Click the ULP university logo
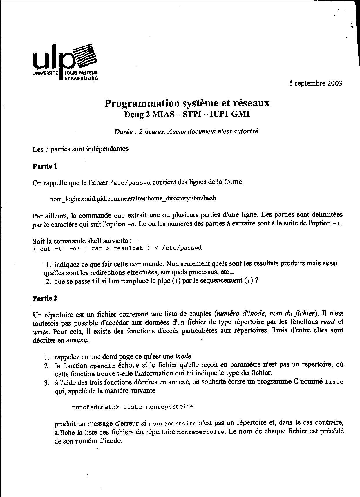66,62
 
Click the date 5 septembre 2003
315,84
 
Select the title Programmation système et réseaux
187,103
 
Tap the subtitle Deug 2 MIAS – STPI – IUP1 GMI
187,114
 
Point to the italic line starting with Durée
187,131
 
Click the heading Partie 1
45,166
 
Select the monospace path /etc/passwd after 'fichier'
130,183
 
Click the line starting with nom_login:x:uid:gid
133,198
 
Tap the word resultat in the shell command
128,248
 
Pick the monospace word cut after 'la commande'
119,216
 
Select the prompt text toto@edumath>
95,407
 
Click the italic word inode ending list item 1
183,356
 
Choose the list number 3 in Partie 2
47,383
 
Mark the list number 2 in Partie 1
48,281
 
